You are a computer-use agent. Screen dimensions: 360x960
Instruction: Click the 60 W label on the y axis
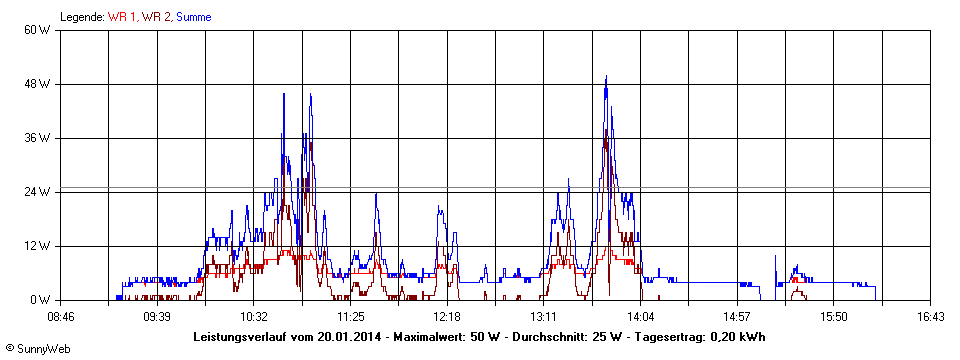[38, 30]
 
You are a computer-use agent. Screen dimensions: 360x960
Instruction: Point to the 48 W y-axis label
[38, 84]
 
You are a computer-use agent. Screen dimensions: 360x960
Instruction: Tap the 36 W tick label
[38, 138]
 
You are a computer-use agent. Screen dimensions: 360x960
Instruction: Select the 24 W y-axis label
[38, 192]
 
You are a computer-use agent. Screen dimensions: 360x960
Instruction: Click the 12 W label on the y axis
[38, 246]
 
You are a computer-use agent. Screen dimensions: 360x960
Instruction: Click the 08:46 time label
[61, 317]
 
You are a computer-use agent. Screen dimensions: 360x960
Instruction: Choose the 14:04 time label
[640, 317]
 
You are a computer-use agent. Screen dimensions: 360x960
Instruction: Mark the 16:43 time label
[930, 317]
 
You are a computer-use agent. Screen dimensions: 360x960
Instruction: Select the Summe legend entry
[193, 17]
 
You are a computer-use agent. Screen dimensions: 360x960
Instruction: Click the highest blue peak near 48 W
[606, 77]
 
